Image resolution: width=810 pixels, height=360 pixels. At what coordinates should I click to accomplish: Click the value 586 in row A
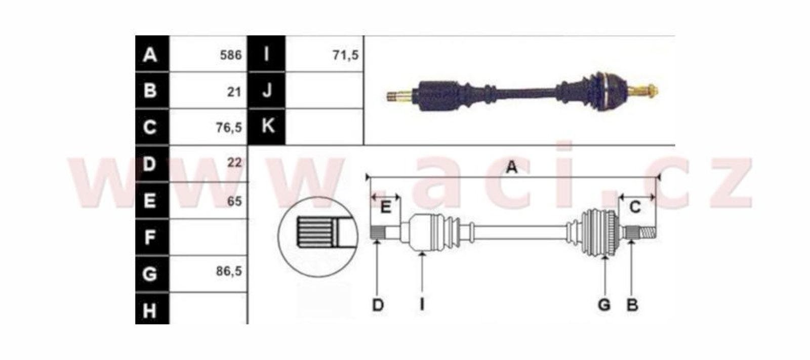231,55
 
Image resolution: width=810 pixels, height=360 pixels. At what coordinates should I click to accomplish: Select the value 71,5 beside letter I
345,55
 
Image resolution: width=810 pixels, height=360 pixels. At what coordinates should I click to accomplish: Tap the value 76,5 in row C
228,128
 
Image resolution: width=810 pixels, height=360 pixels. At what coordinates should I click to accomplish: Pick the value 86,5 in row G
228,271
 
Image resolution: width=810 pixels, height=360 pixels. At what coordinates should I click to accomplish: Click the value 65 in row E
234,201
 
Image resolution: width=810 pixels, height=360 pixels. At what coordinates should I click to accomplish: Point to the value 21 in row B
234,92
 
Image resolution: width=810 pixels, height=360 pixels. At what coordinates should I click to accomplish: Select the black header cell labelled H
152,309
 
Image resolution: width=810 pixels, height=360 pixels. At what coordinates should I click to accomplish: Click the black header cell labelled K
267,127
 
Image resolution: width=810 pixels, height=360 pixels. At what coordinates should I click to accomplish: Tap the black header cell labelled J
267,90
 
